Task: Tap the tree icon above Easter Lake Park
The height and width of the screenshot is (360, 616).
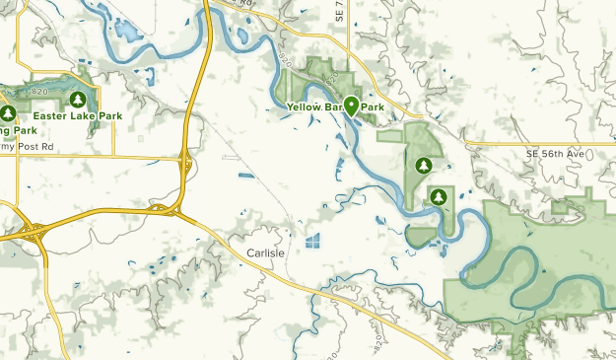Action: [x=77, y=100]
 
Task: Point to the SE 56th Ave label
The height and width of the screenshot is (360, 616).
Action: [x=555, y=155]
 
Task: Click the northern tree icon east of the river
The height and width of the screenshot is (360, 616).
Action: [x=424, y=166]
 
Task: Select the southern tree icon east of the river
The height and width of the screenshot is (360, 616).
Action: [x=439, y=197]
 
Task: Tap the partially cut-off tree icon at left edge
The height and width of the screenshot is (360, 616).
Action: [x=4, y=114]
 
